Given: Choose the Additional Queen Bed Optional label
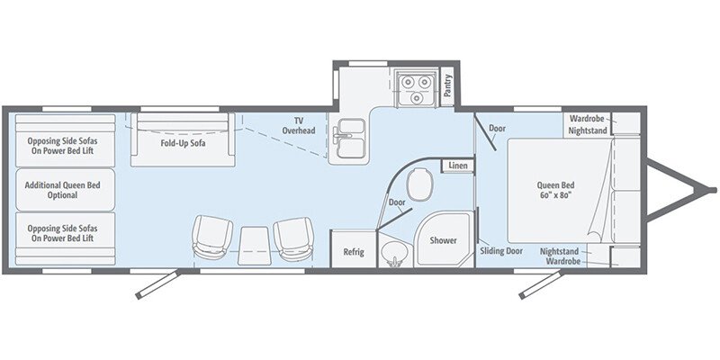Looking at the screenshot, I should pyautogui.click(x=65, y=189).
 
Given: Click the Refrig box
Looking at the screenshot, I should pyautogui.click(x=353, y=251).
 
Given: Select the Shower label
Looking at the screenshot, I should pyautogui.click(x=442, y=241).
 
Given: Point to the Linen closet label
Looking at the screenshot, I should pyautogui.click(x=456, y=166).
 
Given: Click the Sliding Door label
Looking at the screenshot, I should pyautogui.click(x=501, y=251).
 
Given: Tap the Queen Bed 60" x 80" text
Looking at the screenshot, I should pyautogui.click(x=555, y=191).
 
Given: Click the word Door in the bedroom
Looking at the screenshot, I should pyautogui.click(x=497, y=128).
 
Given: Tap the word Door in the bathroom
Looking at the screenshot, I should pyautogui.click(x=397, y=202).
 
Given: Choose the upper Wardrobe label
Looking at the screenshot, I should pyautogui.click(x=586, y=118).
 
